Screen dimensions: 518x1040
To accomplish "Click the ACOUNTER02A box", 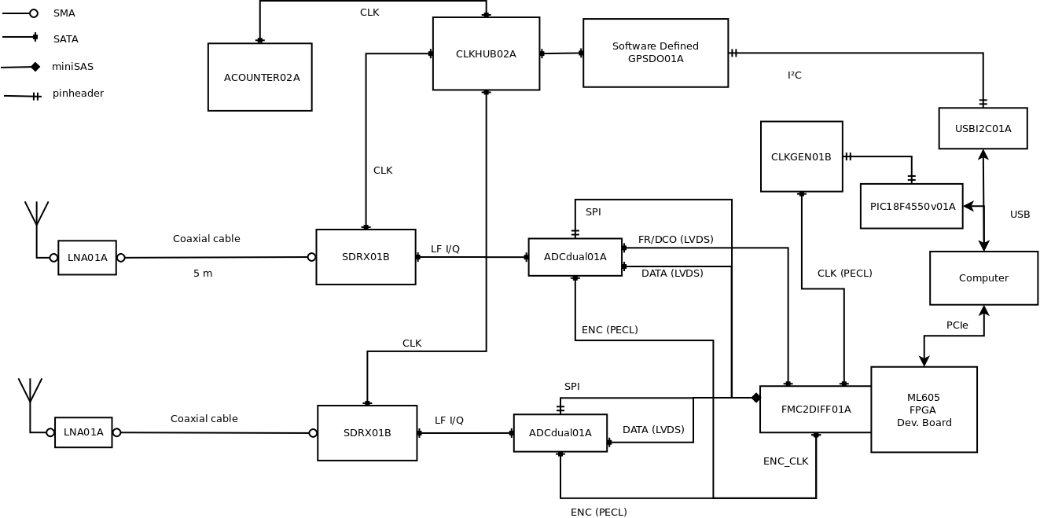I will pos(259,77).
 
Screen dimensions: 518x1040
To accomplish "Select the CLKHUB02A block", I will pos(486,53).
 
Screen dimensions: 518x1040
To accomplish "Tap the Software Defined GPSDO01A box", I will pos(655,53).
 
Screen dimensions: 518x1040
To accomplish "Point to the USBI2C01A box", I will pos(983,128).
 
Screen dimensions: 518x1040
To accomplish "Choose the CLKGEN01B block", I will pos(801,156).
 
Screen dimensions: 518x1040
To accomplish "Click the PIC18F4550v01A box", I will pos(911,206).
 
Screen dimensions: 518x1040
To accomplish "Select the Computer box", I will pos(983,277).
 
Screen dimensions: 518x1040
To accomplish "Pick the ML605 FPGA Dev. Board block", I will pos(924,410).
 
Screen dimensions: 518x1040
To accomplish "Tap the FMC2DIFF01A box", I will pos(815,409).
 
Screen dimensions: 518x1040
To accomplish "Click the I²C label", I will pos(794,75).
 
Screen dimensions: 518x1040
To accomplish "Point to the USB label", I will pos(1020,214).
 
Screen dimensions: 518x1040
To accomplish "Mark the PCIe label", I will pos(957,325).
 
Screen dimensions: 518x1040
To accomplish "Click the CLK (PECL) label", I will pos(844,274).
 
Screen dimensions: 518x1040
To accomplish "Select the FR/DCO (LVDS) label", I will pos(675,239).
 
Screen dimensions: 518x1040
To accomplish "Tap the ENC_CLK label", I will pos(785,461).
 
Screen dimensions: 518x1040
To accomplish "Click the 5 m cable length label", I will pos(203,274).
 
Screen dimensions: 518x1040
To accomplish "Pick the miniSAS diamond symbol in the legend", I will pos(35,67).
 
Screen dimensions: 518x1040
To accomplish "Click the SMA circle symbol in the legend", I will pos(34,13).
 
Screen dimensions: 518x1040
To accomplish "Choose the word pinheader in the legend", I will pos(78,94).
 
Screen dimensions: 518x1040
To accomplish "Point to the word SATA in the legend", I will pos(65,39).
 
